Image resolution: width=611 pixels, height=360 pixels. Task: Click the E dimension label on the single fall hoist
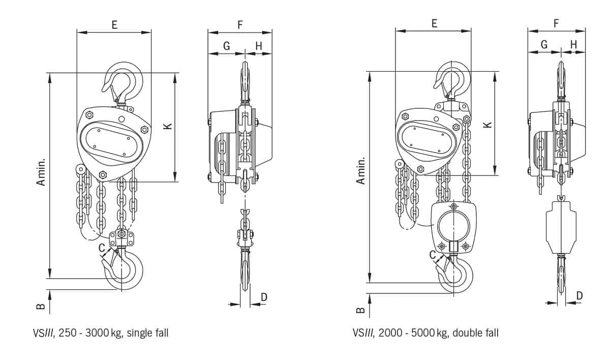click(114, 25)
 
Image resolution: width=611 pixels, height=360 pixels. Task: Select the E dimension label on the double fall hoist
click(435, 23)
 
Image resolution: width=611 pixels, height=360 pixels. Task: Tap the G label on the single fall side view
click(227, 46)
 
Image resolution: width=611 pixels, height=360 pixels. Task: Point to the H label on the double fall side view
click(574, 44)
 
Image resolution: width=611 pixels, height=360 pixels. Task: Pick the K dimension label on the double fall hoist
click(487, 125)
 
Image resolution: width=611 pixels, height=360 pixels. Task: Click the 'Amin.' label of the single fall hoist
click(41, 172)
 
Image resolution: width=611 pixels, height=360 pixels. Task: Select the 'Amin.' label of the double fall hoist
click(360, 171)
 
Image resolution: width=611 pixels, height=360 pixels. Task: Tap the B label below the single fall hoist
click(41, 307)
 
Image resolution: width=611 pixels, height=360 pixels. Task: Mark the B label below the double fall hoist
click(360, 310)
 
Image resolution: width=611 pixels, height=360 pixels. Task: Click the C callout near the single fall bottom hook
click(102, 248)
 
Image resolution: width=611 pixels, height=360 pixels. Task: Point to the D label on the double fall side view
click(579, 295)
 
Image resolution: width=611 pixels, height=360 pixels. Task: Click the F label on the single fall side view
click(240, 25)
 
